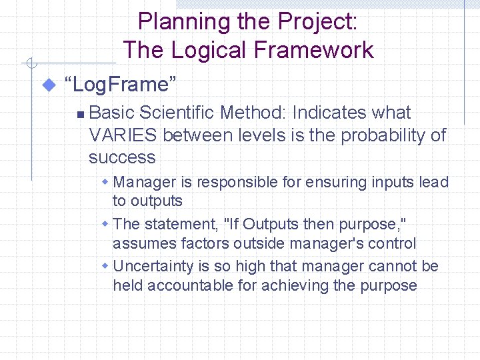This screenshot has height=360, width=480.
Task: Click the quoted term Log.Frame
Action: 120,85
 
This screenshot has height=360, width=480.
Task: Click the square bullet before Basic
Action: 79,114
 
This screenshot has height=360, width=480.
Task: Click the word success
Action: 122,157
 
